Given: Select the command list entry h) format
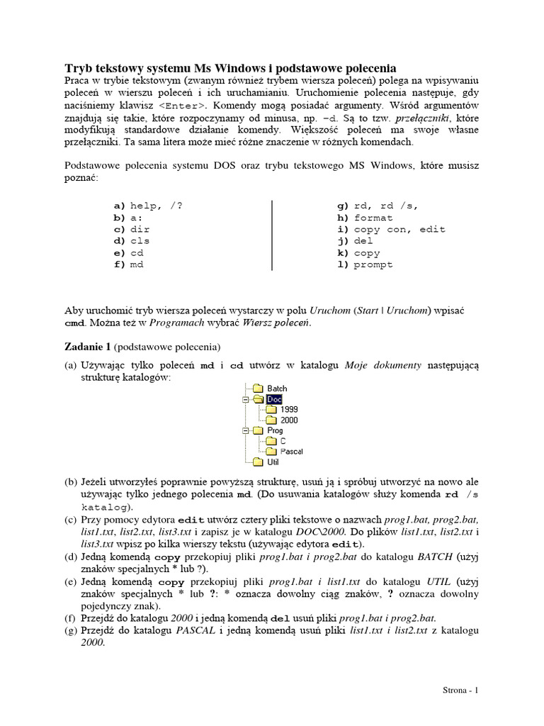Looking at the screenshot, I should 365,218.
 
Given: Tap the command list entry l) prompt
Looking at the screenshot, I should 365,264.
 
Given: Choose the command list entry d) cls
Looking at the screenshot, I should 132,241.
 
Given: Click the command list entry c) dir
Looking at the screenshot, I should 132,229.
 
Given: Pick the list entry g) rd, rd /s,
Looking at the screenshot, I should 378,206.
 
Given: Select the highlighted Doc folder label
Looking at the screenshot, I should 275,399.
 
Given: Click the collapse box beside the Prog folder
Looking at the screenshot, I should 245,430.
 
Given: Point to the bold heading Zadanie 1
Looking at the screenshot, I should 88,347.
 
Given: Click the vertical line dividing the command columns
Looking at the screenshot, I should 273,235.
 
